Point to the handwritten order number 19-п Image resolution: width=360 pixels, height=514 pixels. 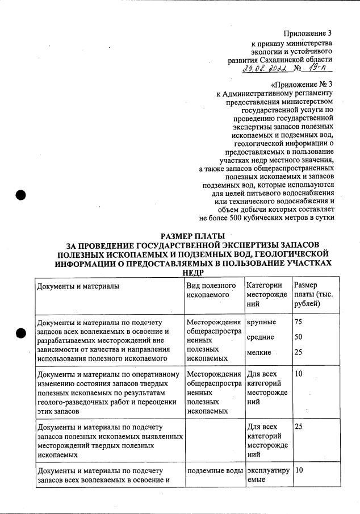[x=318, y=68]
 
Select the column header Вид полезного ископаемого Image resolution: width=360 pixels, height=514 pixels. [x=211, y=290]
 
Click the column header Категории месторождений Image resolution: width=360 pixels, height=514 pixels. [x=265, y=295]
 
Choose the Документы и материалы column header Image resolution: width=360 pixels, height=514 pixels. [x=78, y=286]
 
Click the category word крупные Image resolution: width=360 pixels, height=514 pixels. [x=262, y=322]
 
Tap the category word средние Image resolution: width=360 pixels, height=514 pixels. [x=261, y=337]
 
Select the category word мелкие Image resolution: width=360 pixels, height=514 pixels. [x=259, y=353]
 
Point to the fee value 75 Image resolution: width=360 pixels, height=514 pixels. [x=299, y=322]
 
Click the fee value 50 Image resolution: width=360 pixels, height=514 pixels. [x=299, y=337]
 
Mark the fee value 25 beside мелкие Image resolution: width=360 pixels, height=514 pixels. [x=299, y=353]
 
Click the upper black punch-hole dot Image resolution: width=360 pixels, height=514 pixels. [x=21, y=194]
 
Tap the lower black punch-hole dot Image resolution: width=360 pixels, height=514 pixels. [x=21, y=334]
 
